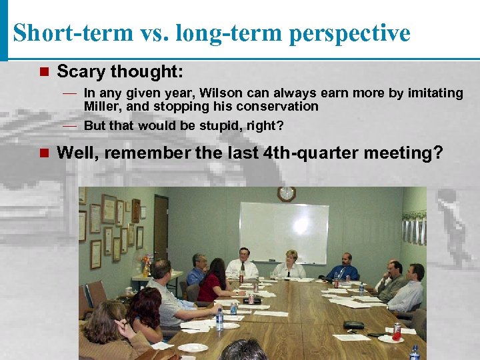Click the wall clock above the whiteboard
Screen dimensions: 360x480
coord(286,194)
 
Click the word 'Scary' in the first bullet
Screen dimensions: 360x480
coord(81,71)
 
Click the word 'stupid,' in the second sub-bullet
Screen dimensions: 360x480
coord(216,125)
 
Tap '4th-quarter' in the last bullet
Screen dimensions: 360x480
coord(307,153)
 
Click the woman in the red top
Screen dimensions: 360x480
coord(215,280)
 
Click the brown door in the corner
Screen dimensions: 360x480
coord(161,230)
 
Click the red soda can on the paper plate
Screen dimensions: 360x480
coord(397,331)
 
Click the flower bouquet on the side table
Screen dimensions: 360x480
coord(146,262)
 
